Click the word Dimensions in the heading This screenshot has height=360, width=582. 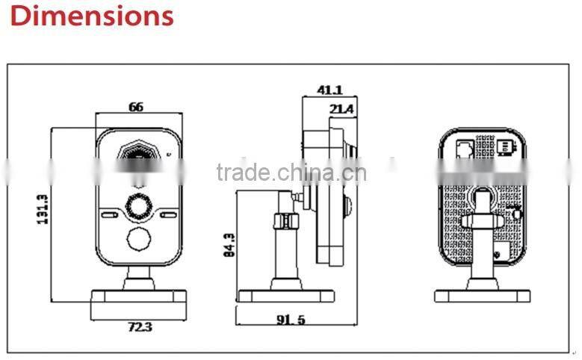click(93, 16)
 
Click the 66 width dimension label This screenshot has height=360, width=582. click(135, 107)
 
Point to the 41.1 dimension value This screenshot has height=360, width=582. click(329, 90)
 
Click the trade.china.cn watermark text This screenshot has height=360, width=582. click(291, 173)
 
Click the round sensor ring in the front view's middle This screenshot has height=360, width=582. click(140, 204)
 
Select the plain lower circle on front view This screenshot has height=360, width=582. click(140, 239)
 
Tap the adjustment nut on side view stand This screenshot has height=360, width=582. click(283, 221)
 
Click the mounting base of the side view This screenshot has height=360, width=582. click(286, 295)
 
